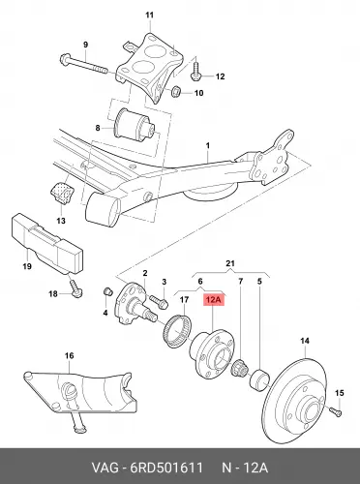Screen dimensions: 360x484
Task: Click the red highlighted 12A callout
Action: tap(213, 300)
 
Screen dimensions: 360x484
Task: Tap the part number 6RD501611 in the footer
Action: tap(165, 468)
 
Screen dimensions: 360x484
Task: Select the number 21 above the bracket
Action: tap(230, 263)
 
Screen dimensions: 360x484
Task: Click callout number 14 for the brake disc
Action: tap(305, 341)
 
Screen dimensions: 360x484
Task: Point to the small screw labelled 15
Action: tap(336, 411)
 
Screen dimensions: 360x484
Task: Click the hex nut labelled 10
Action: tap(176, 92)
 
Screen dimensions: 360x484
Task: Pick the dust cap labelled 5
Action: tap(258, 380)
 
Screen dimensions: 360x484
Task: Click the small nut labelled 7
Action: tap(240, 368)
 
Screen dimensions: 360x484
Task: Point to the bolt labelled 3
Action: tap(158, 301)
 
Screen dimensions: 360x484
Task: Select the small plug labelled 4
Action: tap(107, 290)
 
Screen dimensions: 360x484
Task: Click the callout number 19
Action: tap(27, 266)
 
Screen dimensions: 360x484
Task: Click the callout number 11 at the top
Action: tap(150, 15)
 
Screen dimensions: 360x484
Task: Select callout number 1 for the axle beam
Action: tap(208, 146)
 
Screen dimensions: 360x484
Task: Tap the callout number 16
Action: tap(70, 356)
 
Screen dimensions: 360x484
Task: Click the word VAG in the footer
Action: tap(105, 468)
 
